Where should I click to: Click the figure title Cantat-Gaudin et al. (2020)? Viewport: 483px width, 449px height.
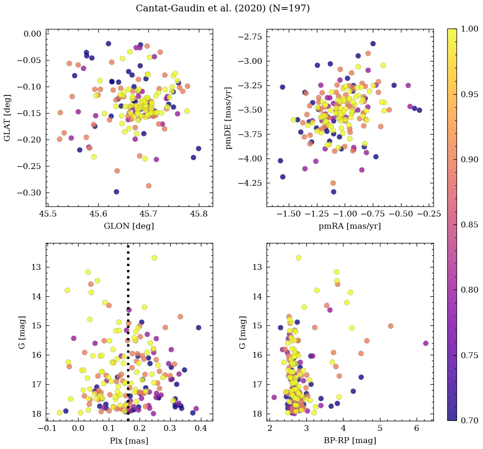point(222,8)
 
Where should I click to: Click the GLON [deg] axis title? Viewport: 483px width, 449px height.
point(129,226)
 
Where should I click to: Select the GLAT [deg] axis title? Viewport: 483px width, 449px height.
point(7,118)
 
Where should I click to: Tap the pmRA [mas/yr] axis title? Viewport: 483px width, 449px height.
point(350,226)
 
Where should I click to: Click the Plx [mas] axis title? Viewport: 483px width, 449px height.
point(129,441)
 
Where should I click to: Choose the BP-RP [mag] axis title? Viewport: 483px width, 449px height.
point(350,441)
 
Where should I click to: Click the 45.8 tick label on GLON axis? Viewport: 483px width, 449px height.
point(198,214)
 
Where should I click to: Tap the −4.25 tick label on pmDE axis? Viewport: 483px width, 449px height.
point(250,183)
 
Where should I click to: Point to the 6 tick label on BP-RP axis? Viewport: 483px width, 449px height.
point(417,429)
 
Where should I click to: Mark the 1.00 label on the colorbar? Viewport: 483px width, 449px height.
point(469,29)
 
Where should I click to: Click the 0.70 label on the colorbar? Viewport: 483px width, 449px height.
point(469,420)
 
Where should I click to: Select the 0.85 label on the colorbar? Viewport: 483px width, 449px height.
point(469,225)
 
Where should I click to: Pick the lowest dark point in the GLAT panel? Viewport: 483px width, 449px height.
point(116,192)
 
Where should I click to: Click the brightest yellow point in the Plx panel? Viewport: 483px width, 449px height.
point(154,258)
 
